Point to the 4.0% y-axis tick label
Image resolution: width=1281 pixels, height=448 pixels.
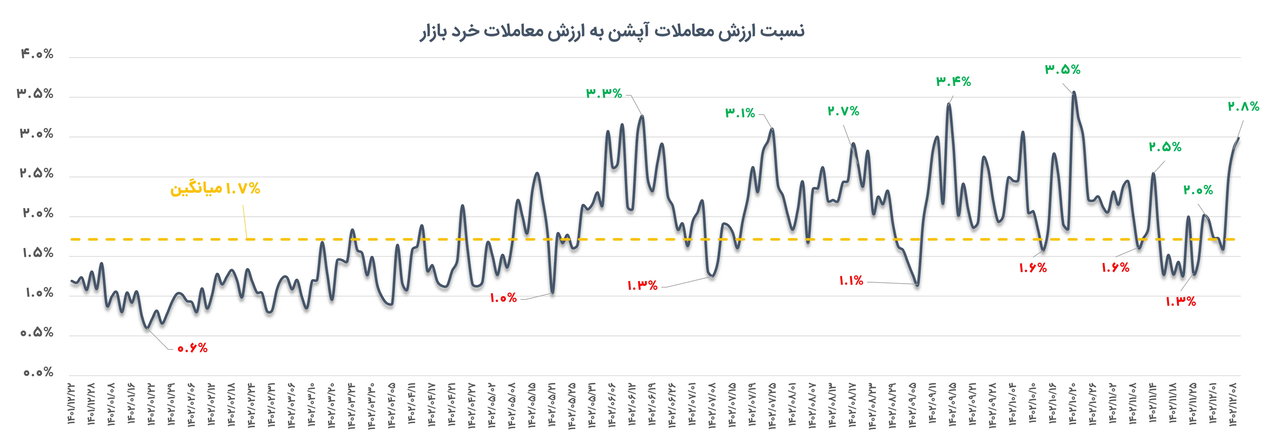click(x=37, y=54)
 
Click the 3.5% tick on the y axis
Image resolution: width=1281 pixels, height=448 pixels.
click(x=35, y=93)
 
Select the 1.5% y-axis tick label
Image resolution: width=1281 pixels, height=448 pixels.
click(x=38, y=253)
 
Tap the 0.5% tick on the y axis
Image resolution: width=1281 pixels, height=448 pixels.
click(x=37, y=333)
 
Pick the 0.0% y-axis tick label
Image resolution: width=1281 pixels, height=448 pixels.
click(x=38, y=373)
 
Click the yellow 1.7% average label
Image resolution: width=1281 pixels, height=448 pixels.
click(x=215, y=188)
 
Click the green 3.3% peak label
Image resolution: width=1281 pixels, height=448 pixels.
click(x=604, y=93)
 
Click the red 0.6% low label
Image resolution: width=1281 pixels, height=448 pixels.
click(x=192, y=348)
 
